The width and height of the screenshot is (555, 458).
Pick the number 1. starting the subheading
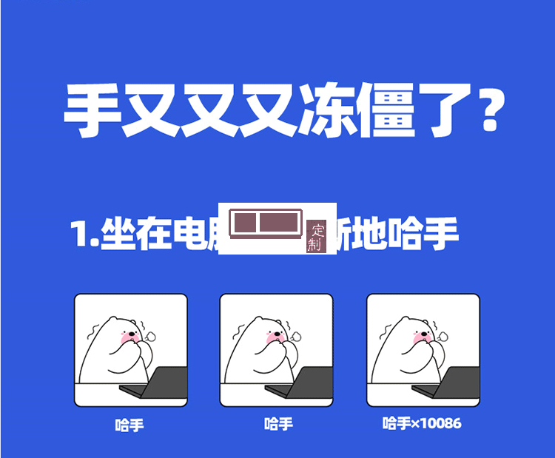pos(84,235)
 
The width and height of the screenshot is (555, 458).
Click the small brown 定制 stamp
pos(316,237)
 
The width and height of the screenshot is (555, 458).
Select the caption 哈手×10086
pos(422,423)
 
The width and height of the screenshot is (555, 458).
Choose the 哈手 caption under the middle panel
pos(278,424)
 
